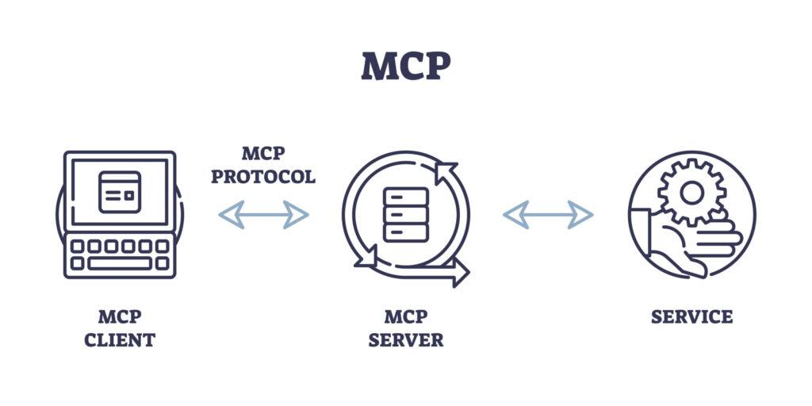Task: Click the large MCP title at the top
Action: (x=405, y=67)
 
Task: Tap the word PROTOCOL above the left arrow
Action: (x=262, y=176)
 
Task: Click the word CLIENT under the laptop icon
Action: (x=120, y=341)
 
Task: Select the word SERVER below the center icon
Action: (x=405, y=341)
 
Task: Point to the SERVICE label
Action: (x=691, y=317)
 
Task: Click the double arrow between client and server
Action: (x=263, y=214)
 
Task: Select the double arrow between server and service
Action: (x=548, y=214)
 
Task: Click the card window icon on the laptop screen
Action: (x=120, y=191)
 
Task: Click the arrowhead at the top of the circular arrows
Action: (x=444, y=170)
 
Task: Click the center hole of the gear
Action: (x=691, y=191)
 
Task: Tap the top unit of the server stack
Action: (x=405, y=196)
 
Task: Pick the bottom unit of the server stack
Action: (x=405, y=232)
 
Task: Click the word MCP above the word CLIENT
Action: (x=120, y=317)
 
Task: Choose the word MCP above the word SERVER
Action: (x=405, y=317)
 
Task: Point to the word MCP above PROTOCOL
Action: (x=262, y=153)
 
